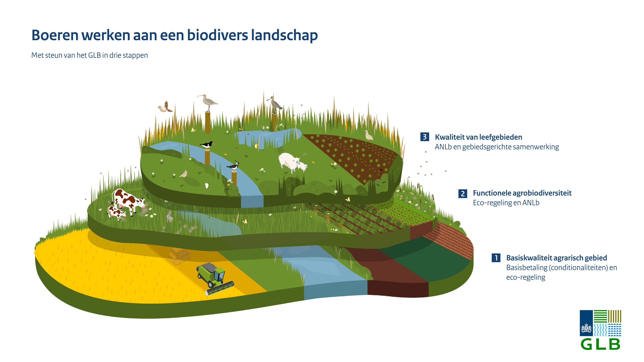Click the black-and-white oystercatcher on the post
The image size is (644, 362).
click(207, 145)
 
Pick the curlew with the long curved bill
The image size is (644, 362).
click(208, 102)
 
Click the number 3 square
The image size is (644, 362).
click(425, 137)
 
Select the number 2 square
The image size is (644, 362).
click(463, 194)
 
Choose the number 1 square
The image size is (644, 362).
click(496, 258)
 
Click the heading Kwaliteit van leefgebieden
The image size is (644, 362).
click(478, 137)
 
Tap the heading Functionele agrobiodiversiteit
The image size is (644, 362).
click(522, 193)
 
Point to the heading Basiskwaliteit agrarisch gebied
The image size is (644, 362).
click(556, 258)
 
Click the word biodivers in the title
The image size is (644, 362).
click(217, 35)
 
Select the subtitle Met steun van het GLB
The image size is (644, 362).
click(90, 55)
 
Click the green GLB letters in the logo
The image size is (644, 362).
click(600, 344)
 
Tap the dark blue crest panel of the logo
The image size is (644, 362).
click(586, 323)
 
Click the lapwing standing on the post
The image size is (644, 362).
click(233, 166)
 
